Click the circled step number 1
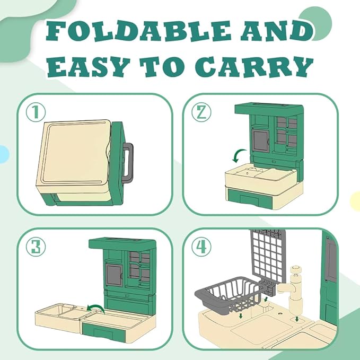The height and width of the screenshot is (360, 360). (x=36, y=112)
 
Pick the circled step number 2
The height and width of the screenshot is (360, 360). (x=201, y=112)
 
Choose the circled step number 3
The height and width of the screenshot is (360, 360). (x=36, y=247)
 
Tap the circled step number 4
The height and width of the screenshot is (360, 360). (x=201, y=247)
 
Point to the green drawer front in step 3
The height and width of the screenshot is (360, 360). (x=103, y=331)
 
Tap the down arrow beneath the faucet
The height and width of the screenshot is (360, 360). (x=297, y=319)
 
